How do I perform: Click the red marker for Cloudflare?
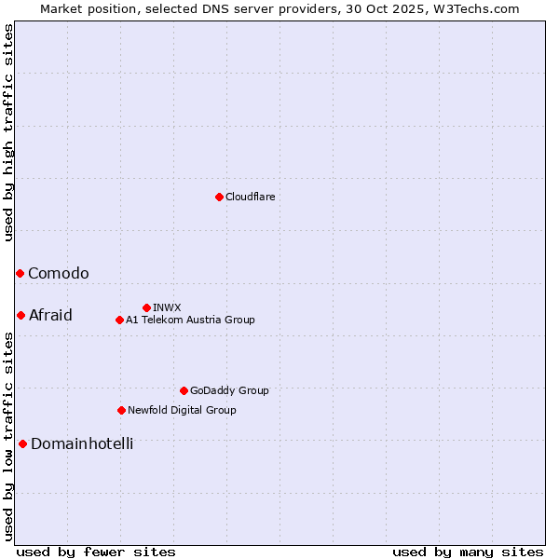[219, 197]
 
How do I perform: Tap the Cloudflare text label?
[250, 197]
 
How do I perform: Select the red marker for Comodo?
[20, 273]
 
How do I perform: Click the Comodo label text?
[59, 273]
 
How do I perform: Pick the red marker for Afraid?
[20, 315]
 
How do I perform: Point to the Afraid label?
[50, 315]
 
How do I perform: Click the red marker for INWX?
[146, 307]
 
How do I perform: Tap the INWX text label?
[167, 307]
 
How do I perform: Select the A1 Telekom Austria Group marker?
[119, 320]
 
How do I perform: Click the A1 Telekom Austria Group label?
[190, 320]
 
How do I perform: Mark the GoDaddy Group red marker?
[184, 390]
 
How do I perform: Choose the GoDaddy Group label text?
[229, 390]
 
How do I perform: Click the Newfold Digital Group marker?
[121, 410]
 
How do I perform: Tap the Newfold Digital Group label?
[182, 410]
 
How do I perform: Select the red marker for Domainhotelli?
[22, 443]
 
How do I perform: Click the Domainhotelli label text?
[82, 443]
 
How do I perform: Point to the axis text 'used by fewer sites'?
[96, 552]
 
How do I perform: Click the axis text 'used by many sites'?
[468, 552]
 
